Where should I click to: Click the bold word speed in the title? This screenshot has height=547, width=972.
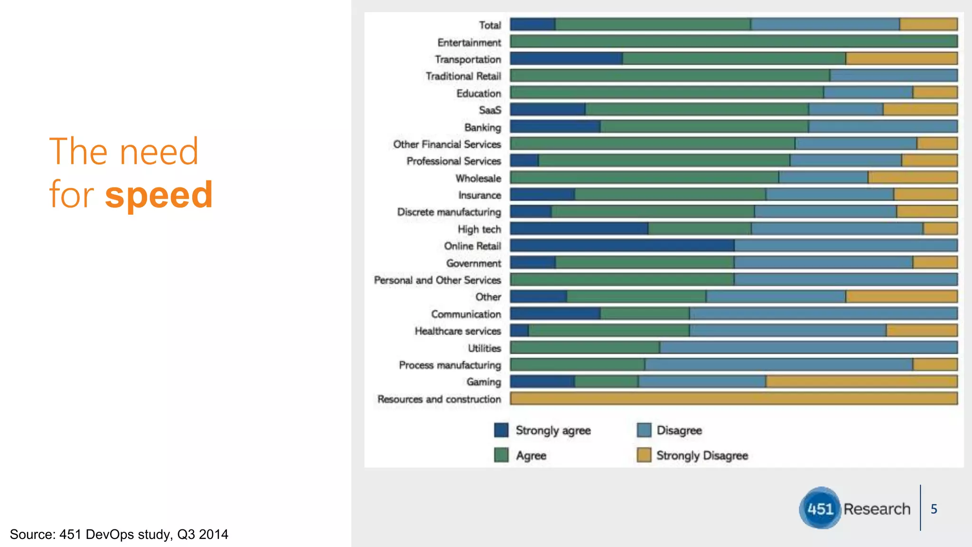tap(159, 195)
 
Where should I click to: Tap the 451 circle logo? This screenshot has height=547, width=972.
tap(820, 509)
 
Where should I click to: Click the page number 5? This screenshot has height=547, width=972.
tap(934, 509)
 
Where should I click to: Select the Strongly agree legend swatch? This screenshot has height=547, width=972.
tap(501, 430)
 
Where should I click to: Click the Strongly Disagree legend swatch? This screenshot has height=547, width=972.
tap(644, 455)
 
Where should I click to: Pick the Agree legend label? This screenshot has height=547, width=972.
tap(531, 456)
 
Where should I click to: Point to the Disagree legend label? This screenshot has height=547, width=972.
tap(679, 431)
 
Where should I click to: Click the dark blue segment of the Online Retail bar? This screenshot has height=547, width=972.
tap(622, 245)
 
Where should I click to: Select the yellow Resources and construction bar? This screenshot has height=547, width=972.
tap(733, 398)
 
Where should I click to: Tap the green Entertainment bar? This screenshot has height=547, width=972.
tap(733, 42)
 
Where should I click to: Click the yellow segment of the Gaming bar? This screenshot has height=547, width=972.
tap(861, 382)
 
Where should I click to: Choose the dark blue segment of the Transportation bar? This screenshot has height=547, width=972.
tap(566, 59)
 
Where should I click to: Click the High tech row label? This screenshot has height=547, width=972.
tap(479, 229)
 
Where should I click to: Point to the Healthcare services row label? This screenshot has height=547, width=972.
tap(458, 331)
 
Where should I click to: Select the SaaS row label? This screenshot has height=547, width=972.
tap(490, 110)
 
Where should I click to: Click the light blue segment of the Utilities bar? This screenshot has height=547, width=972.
tap(808, 348)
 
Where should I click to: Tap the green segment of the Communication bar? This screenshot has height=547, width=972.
tap(645, 313)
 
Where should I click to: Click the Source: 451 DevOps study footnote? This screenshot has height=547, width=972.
tap(119, 535)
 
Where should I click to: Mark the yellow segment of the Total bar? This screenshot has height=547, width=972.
tap(928, 25)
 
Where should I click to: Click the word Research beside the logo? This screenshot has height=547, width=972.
tap(877, 509)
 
